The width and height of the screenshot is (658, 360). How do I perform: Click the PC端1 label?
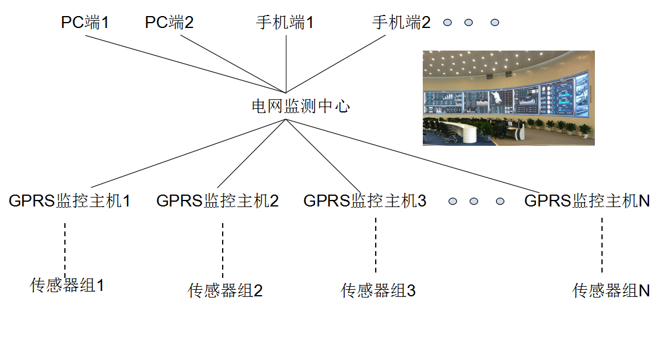(x=85, y=23)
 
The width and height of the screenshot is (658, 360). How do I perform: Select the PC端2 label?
(x=169, y=23)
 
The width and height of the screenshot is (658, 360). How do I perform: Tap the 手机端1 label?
(x=285, y=23)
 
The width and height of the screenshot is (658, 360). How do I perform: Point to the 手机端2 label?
(x=401, y=23)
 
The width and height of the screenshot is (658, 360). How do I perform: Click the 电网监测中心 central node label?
(x=300, y=107)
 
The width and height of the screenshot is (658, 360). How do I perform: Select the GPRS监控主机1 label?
(x=70, y=201)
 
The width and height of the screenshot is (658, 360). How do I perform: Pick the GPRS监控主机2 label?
(x=217, y=201)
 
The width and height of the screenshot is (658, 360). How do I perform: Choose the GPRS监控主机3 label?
(x=364, y=201)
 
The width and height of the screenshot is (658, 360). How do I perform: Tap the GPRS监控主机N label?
(x=587, y=201)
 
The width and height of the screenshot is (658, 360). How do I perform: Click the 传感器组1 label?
(x=67, y=286)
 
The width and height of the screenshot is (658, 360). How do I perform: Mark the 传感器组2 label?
(x=225, y=291)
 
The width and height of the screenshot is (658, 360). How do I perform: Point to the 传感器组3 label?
(x=378, y=291)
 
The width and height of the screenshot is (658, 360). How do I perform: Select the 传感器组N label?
(x=610, y=291)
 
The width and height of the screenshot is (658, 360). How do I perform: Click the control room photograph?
(x=509, y=98)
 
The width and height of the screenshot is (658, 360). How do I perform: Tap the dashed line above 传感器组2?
(x=223, y=250)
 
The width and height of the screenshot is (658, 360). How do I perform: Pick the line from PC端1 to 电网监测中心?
(x=185, y=64)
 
